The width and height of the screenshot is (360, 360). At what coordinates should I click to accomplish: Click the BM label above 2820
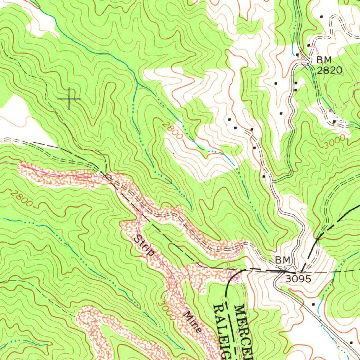coord(324,60)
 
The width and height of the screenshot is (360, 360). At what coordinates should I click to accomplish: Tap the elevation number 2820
coord(329,70)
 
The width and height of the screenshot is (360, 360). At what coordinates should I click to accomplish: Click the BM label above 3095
coord(283,260)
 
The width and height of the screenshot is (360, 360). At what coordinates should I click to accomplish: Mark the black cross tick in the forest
coord(69,98)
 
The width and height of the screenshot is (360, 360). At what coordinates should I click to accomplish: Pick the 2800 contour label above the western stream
coord(22,199)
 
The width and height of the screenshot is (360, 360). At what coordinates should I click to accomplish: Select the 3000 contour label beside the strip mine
coord(166,310)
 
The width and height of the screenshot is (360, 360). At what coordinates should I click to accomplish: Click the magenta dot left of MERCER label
coord(237,279)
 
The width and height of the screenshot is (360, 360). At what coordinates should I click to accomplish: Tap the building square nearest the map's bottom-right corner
coord(351,342)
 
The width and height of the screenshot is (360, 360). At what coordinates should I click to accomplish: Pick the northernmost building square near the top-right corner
coord(322,17)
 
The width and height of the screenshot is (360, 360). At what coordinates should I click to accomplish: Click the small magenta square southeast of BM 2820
coord(330,111)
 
